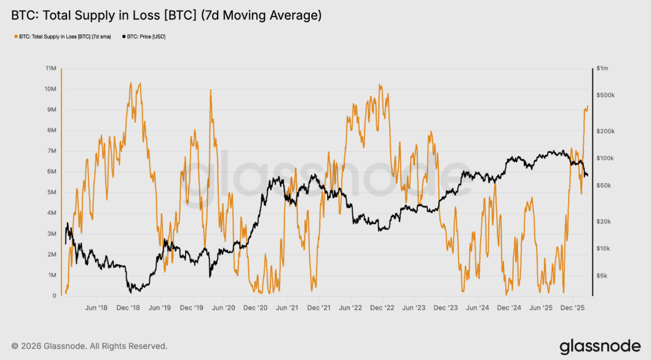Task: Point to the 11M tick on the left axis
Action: (x=50, y=68)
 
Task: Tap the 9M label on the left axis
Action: (x=52, y=109)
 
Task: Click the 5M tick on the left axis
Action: (x=52, y=192)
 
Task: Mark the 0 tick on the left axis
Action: (x=54, y=295)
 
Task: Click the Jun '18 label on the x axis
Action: (x=97, y=307)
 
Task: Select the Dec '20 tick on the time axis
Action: (x=255, y=307)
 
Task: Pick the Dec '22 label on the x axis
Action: (x=382, y=307)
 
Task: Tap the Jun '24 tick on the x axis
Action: (x=478, y=307)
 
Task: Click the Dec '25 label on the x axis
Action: (x=573, y=307)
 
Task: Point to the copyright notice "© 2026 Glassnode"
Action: (x=89, y=346)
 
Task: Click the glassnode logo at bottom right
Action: (x=599, y=346)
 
